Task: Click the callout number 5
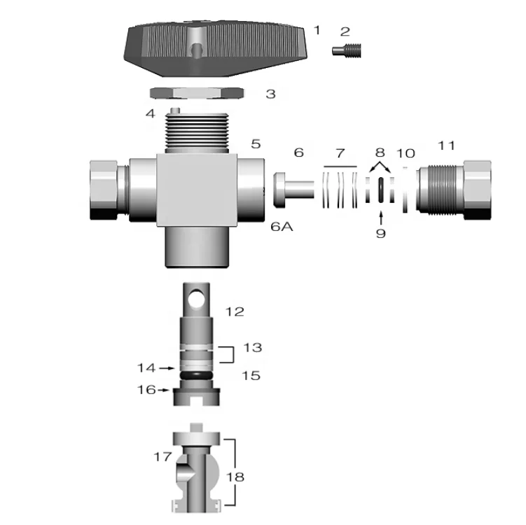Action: pyautogui.click(x=256, y=143)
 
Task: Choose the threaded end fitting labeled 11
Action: pyautogui.click(x=455, y=188)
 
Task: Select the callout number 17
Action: pyautogui.click(x=162, y=457)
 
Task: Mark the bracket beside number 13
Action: pyautogui.click(x=225, y=353)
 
